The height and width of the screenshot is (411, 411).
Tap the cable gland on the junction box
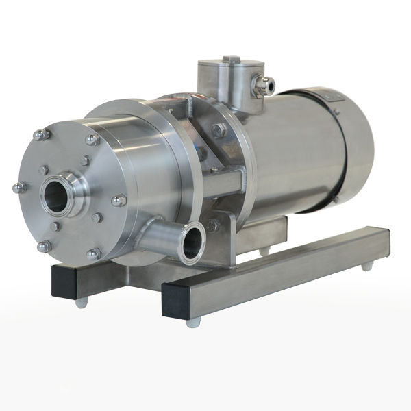264,86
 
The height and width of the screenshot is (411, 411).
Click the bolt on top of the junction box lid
231,60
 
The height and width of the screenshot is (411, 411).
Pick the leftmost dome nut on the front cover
18,187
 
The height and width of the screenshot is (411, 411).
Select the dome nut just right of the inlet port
119,200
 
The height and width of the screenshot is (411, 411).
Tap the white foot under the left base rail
82,301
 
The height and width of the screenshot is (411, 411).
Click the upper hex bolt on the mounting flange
219,130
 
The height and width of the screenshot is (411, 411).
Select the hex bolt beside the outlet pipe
214,225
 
